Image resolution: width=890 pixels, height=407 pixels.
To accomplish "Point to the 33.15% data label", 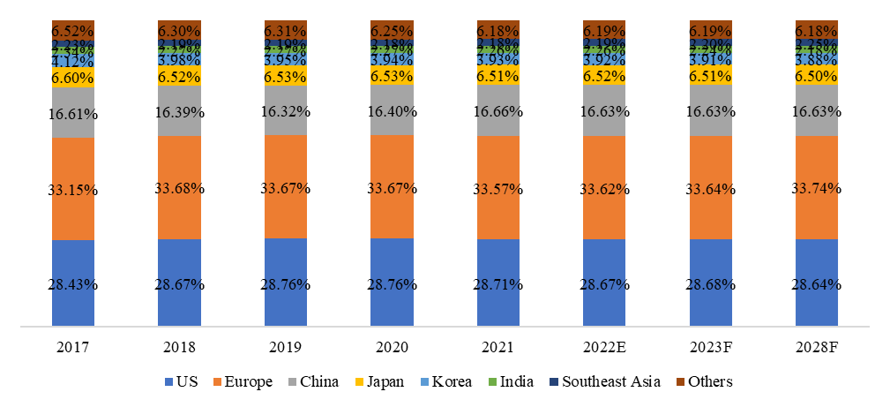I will [x=73, y=190].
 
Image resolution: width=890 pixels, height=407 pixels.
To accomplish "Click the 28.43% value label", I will [x=73, y=284].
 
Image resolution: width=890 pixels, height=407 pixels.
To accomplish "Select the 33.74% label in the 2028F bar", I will [x=817, y=188].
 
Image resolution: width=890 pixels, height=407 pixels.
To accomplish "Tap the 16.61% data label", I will [x=73, y=114].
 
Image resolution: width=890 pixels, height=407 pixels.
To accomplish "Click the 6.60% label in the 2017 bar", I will [x=73, y=79].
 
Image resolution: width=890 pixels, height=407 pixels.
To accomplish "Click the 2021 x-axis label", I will [x=498, y=347].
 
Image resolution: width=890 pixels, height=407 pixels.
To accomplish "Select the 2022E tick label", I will [x=604, y=347].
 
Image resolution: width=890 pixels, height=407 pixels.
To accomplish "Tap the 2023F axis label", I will [x=711, y=347].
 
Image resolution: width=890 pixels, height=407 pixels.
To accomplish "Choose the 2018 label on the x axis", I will [x=179, y=347].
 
